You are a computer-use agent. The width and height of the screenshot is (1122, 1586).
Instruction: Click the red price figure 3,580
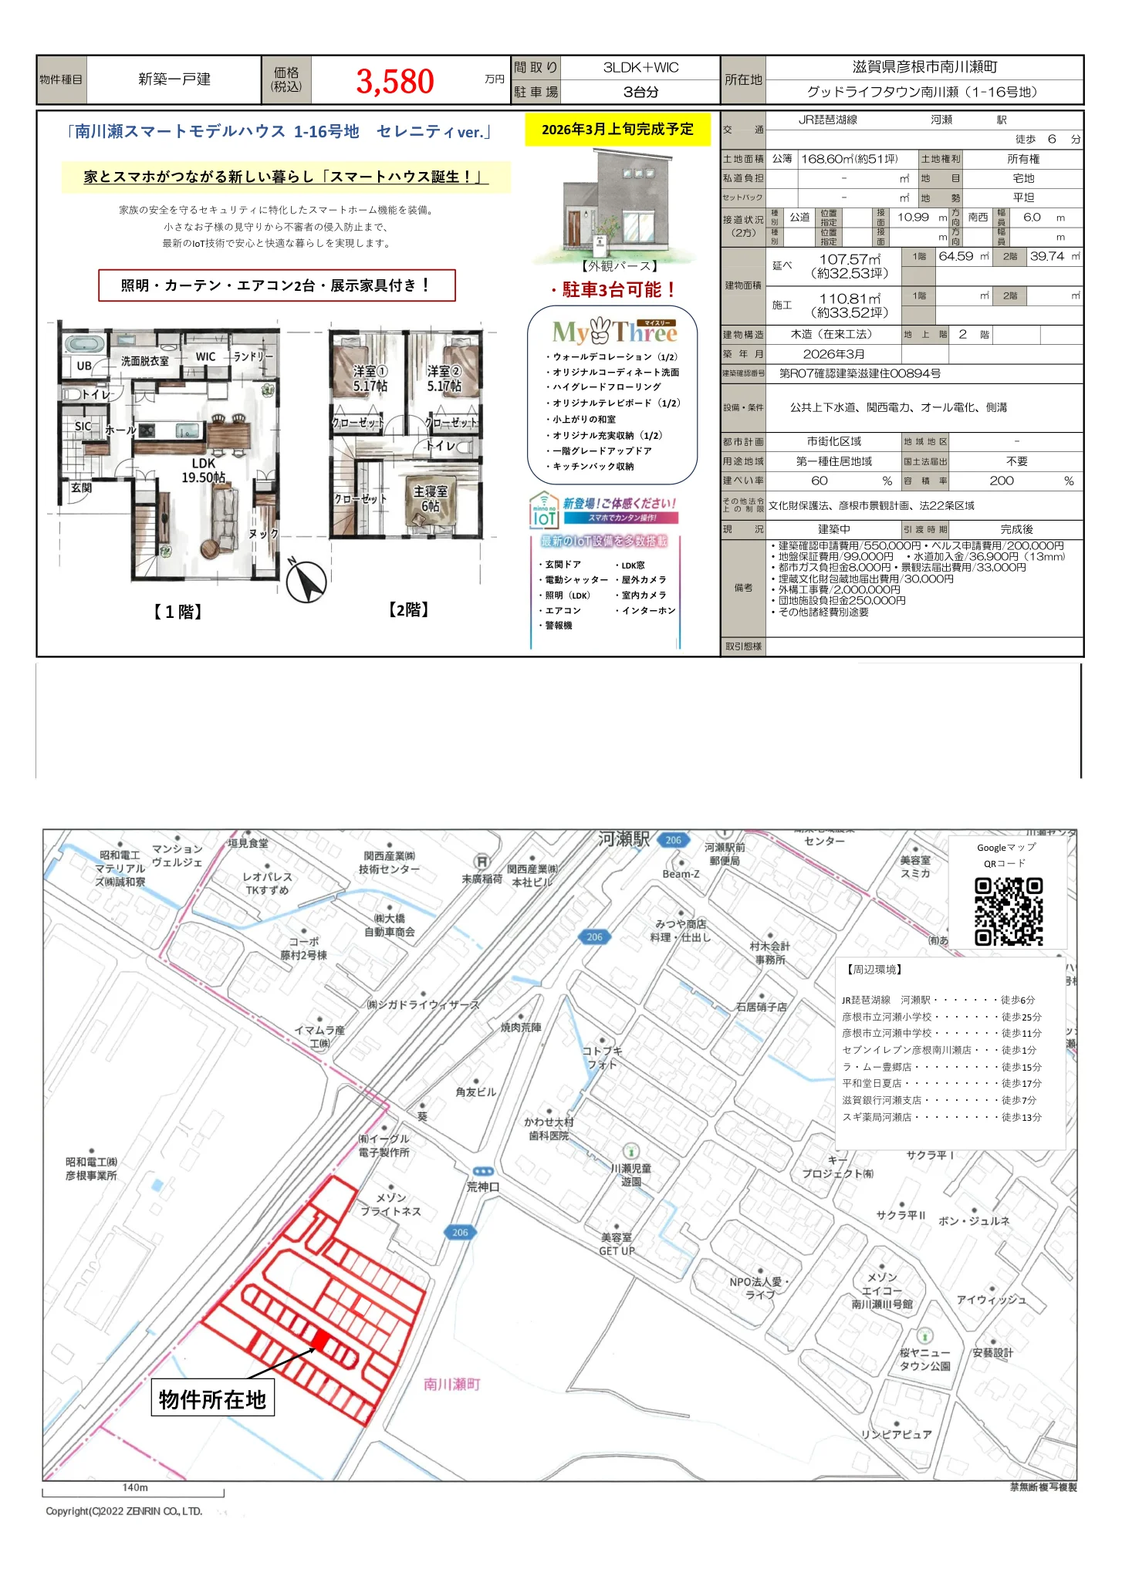[394, 81]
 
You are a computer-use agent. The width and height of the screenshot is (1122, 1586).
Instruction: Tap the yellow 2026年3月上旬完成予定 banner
[617, 130]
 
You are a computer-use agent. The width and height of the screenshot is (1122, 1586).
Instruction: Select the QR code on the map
[1008, 911]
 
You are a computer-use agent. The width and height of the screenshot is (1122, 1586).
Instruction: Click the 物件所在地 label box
[212, 1399]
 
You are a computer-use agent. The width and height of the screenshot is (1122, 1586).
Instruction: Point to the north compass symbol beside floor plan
[306, 581]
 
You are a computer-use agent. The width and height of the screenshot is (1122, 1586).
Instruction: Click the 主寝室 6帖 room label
[430, 498]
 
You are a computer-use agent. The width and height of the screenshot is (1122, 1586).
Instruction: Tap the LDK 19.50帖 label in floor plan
[204, 471]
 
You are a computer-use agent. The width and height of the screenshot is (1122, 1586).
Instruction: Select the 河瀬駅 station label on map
[624, 839]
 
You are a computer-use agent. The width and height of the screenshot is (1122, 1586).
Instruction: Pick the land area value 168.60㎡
[849, 159]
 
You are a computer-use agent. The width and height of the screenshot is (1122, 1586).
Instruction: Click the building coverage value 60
[820, 481]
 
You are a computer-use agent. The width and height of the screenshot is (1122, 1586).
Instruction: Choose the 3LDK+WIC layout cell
[640, 68]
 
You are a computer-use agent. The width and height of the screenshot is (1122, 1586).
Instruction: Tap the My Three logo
[614, 332]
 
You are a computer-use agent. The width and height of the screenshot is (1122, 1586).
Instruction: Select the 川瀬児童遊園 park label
[630, 1174]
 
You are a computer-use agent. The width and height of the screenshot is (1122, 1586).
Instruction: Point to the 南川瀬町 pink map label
[452, 1385]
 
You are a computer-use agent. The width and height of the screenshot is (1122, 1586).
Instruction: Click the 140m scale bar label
[135, 1487]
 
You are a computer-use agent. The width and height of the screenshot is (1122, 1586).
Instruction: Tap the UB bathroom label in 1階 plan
[84, 366]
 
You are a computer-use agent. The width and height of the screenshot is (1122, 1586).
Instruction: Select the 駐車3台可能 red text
[614, 290]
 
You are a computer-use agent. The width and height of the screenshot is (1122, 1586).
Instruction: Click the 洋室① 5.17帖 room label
[370, 379]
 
